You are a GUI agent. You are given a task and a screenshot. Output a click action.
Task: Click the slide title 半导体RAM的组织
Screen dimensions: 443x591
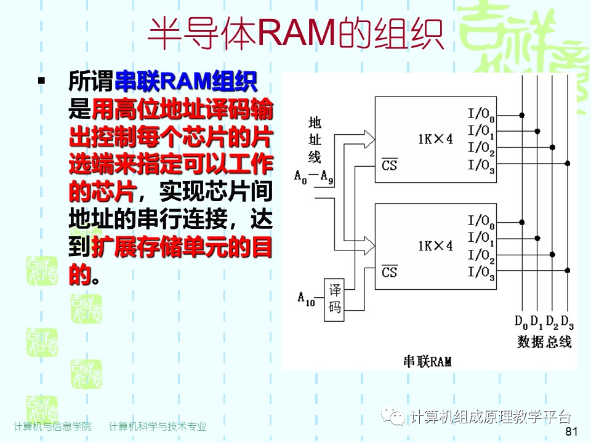point(295,34)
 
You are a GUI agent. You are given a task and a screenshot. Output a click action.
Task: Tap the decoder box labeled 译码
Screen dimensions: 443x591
point(334,299)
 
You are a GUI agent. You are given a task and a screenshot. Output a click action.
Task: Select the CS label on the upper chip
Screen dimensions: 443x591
point(389,166)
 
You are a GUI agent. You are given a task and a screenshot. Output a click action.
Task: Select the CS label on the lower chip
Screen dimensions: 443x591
point(389,271)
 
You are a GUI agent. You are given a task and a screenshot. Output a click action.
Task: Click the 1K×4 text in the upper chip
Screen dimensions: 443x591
point(435,139)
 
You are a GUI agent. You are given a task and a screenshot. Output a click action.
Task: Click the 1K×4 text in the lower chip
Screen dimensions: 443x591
point(435,245)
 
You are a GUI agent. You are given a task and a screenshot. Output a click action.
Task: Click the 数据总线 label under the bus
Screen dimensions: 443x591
point(544,341)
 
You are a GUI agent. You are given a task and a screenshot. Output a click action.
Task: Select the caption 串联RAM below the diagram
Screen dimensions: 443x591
point(427,361)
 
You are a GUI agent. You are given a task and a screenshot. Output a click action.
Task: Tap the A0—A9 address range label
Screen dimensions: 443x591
point(314,179)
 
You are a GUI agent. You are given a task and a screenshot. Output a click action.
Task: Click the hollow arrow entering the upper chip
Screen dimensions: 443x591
point(368,138)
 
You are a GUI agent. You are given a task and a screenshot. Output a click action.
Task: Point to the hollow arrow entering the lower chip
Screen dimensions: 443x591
point(368,245)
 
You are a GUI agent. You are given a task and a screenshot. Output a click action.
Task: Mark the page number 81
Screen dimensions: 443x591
point(571,432)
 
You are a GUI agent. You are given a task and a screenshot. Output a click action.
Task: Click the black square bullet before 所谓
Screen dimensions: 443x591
point(42,81)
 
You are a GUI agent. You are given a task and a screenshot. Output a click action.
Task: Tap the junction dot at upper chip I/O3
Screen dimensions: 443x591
point(567,163)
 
